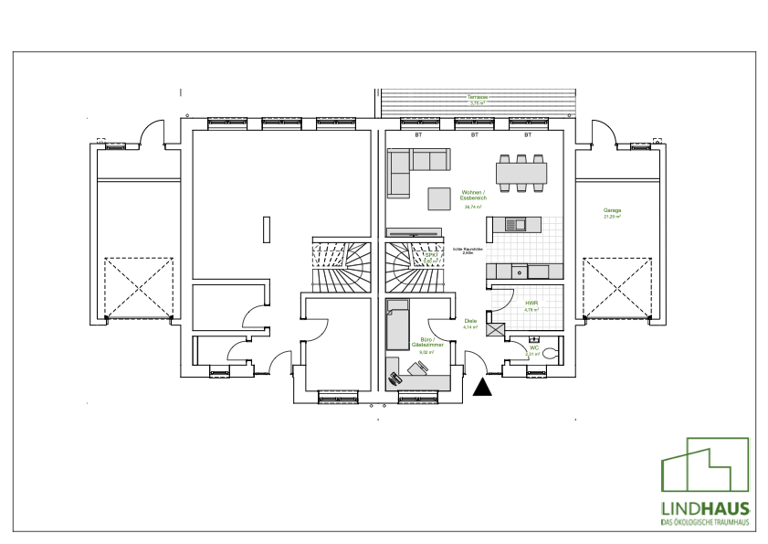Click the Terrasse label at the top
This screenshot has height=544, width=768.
[477, 98]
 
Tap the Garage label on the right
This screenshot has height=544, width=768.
[612, 211]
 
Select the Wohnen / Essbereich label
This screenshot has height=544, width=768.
[472, 195]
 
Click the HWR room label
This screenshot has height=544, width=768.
[531, 304]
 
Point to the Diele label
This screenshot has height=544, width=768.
[469, 322]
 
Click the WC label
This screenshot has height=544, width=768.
[533, 348]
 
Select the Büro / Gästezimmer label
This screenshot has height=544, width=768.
[425, 343]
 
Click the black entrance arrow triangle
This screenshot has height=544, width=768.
[483, 388]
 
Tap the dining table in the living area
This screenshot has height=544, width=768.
[522, 172]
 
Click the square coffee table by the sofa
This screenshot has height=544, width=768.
[440, 198]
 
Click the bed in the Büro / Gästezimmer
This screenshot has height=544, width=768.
[397, 325]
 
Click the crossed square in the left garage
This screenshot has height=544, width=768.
[139, 286]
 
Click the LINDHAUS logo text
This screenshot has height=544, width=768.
[705, 508]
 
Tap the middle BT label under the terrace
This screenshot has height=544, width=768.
[474, 135]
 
